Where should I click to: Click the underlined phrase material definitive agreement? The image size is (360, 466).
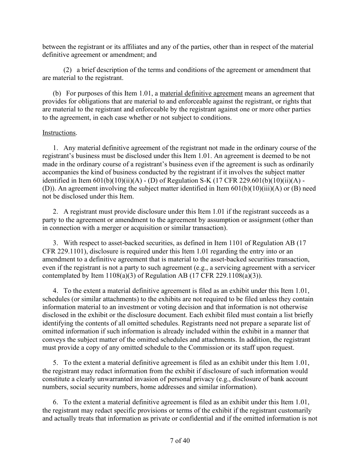point(201,93)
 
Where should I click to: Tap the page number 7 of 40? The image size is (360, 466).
point(180,441)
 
